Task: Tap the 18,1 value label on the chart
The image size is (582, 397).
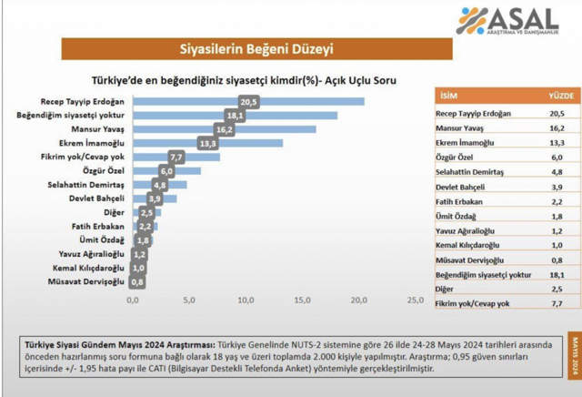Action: coord(235,116)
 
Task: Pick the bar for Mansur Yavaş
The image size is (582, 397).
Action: coord(228,129)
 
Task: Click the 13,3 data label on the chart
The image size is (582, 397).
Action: coord(207,143)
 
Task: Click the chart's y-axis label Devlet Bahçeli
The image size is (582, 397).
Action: coord(96,198)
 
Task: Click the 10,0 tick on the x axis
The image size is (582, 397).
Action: coord(246,300)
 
